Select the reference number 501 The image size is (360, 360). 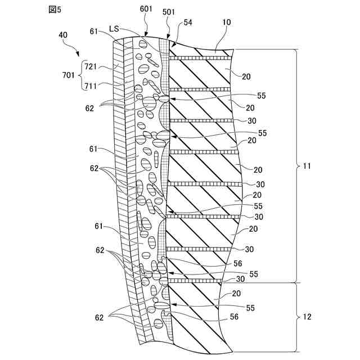[168, 12]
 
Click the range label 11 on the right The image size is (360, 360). [306, 166]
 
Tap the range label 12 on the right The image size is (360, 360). [307, 317]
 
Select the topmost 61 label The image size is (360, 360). [94, 31]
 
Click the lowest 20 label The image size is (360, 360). [236, 293]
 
